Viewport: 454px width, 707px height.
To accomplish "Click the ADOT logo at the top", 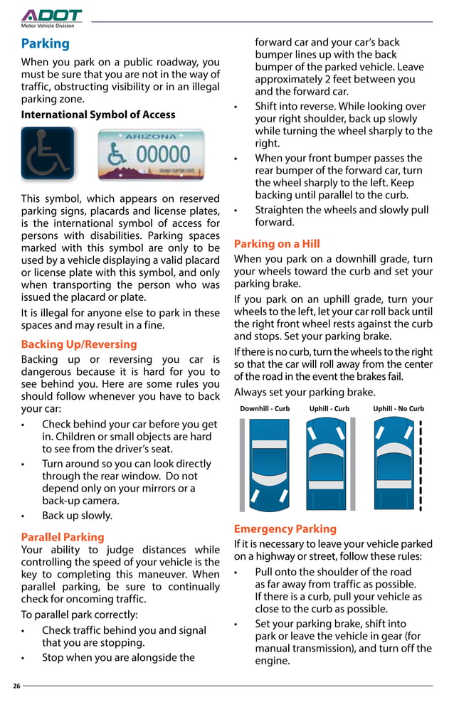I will coord(51,16).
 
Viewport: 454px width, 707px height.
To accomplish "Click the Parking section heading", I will coord(46,44).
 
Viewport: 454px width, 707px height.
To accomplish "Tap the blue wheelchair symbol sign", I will coord(48,153).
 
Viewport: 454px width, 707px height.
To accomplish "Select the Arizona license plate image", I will coord(151,154).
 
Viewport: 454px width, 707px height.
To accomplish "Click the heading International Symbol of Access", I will coord(98,115).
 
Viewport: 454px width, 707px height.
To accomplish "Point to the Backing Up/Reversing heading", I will coord(79,344).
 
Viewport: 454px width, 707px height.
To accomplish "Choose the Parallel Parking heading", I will coord(63,537).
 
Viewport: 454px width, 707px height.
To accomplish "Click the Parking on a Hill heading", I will coord(277,244).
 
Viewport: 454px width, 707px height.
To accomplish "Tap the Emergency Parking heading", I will coord(285,529).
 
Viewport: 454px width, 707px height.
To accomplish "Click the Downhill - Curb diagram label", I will coord(265,409).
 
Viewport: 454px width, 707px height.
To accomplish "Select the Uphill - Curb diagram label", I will coord(329,409).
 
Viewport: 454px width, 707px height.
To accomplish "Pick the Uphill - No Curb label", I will coord(398,409).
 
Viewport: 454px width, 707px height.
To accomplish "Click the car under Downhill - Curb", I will coord(266,464).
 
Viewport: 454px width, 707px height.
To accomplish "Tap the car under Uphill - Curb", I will coord(330,464).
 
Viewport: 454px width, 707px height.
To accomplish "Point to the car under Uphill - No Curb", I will coord(394,464).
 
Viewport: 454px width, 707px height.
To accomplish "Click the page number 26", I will coord(16,686).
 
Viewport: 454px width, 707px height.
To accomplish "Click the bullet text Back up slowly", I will coord(77,516).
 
